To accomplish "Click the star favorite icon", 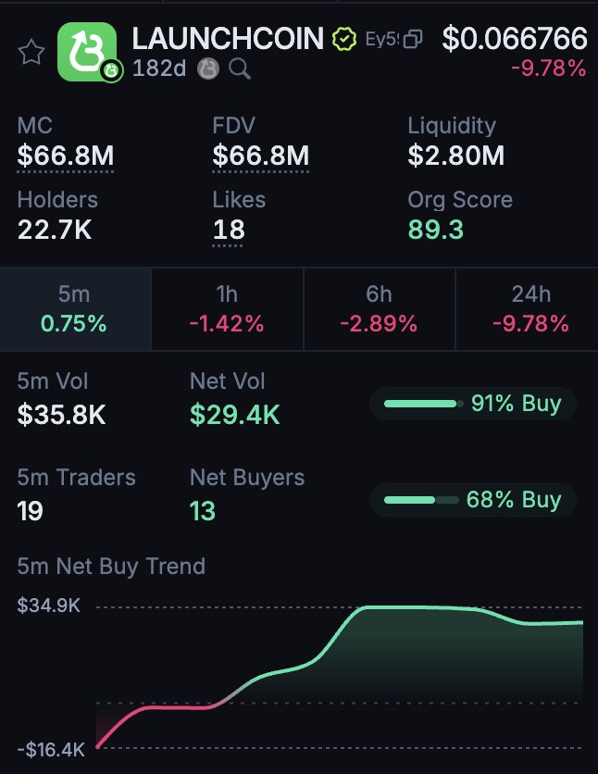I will (32, 52).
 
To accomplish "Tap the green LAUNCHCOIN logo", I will (87, 51).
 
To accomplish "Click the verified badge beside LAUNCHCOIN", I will (343, 40).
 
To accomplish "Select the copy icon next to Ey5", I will (414, 39).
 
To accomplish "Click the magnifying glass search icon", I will (240, 69).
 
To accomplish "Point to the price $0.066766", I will (515, 39).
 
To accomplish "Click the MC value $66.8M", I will (65, 156).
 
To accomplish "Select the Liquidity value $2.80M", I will (456, 156).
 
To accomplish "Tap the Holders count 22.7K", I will (55, 230).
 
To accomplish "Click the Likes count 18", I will (229, 230).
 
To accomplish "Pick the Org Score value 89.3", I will (436, 230).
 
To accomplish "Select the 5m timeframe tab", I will (74, 309).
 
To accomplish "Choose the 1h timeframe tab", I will (227, 309).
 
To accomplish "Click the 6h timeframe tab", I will (379, 309).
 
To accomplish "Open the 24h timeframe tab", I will (530, 309).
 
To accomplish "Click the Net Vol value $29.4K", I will (234, 415).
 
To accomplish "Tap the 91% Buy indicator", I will (473, 404).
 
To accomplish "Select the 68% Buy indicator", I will (473, 500).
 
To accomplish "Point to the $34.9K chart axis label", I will (49, 606).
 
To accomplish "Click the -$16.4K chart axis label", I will (51, 748).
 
